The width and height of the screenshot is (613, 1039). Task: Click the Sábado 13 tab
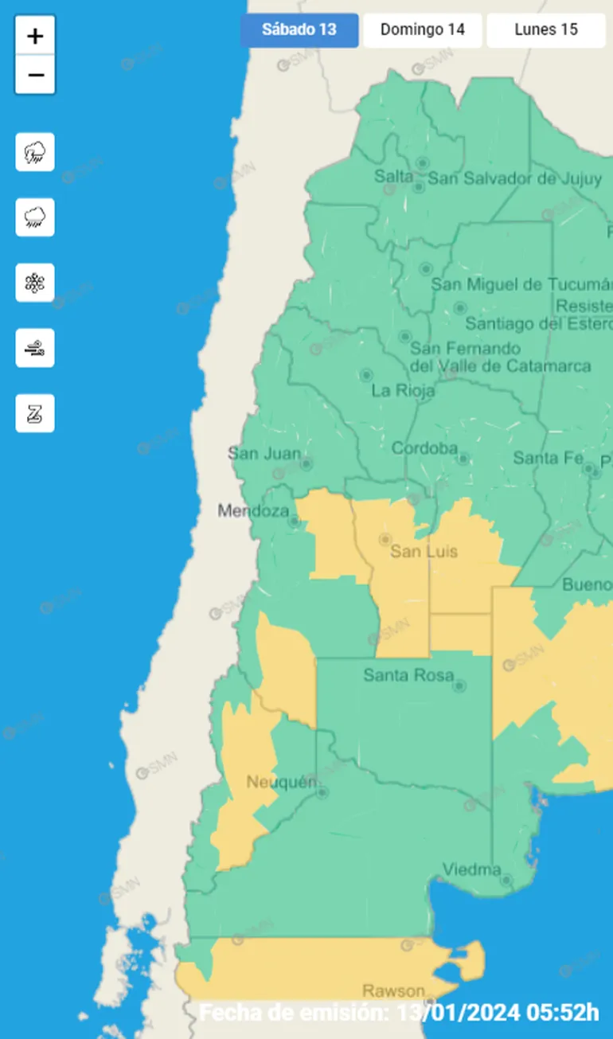[x=299, y=30]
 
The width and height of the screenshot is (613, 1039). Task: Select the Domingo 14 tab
[x=422, y=30]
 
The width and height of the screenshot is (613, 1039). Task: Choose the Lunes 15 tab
[x=545, y=30]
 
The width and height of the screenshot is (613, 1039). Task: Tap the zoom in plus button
[x=35, y=36]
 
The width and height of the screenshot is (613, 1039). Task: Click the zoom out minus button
[x=35, y=76]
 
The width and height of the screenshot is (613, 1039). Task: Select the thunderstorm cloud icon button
[x=35, y=152]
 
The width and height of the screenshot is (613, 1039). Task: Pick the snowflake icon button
[x=35, y=283]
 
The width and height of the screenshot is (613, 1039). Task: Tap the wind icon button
[x=35, y=348]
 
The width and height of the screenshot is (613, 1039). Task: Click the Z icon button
[x=35, y=413]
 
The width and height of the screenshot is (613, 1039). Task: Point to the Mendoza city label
[x=253, y=510]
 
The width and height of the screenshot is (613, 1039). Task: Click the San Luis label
[x=424, y=551]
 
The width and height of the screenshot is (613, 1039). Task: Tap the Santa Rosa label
[x=408, y=675]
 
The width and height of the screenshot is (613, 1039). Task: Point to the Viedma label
[x=472, y=869]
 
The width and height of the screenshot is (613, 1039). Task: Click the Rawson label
[x=393, y=991]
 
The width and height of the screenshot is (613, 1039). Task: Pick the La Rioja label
[x=403, y=391]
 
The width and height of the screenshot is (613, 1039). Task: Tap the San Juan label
[x=264, y=454]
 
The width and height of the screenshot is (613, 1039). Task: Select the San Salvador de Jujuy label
[x=515, y=178]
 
